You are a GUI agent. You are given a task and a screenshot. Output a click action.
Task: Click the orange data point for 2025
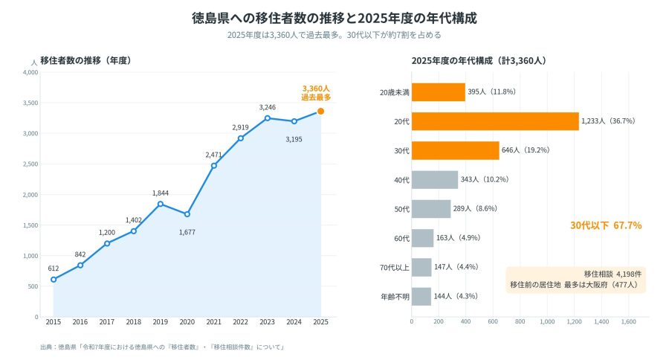click(x=321, y=112)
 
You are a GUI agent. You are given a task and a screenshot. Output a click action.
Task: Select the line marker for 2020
click(x=187, y=214)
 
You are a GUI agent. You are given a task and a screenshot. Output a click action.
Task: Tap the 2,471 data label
click(x=213, y=155)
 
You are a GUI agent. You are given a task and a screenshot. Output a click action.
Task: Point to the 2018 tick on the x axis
click(x=134, y=322)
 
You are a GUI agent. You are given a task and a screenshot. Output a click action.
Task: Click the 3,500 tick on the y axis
click(x=30, y=103)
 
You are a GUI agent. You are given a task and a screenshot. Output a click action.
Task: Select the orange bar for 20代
click(x=495, y=121)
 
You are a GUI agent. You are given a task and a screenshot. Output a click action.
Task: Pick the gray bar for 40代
click(x=435, y=180)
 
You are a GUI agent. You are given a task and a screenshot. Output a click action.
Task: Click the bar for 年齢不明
click(x=421, y=296)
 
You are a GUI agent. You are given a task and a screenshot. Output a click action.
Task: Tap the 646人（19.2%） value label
click(x=526, y=150)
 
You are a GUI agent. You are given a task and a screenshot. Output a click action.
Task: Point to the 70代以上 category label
click(x=394, y=268)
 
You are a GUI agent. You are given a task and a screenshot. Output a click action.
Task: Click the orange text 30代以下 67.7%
click(x=606, y=225)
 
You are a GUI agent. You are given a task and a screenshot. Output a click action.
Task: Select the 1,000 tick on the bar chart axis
click(x=547, y=321)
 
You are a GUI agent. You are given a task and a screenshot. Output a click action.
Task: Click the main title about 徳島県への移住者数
click(x=334, y=19)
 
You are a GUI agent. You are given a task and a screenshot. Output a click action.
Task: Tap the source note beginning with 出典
click(x=162, y=347)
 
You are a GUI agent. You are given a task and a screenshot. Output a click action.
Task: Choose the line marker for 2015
click(x=54, y=280)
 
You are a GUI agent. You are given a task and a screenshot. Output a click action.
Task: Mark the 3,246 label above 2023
click(x=267, y=108)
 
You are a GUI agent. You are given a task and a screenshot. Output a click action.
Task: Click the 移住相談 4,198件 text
click(x=613, y=274)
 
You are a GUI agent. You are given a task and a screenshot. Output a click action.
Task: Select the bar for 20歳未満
click(x=438, y=92)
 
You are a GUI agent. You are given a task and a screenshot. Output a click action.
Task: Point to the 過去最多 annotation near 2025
click(x=316, y=97)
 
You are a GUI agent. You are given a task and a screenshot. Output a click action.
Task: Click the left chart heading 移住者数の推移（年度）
click(x=85, y=61)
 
